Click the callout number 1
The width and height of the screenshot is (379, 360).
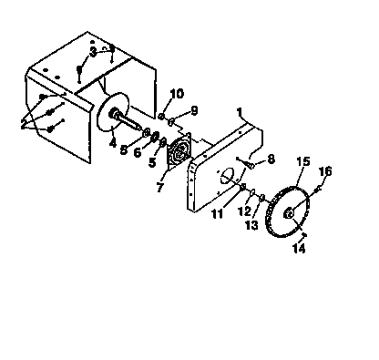pyautogui.click(x=240, y=115)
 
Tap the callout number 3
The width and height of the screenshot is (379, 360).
pyautogui.click(x=93, y=52)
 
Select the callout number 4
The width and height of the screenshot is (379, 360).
pyautogui.click(x=112, y=141)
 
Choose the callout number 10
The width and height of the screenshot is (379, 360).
pyautogui.click(x=177, y=93)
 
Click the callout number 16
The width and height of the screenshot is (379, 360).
pyautogui.click(x=326, y=170)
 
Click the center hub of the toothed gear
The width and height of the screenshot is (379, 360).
pyautogui.click(x=289, y=214)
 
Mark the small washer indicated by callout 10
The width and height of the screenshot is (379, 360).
pyautogui.click(x=161, y=116)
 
